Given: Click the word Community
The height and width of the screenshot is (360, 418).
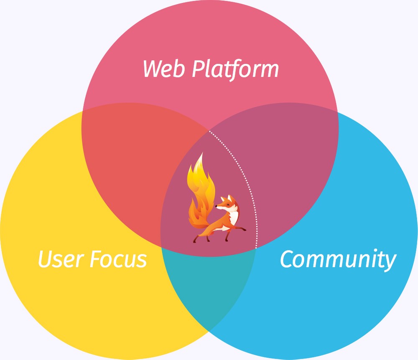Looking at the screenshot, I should [x=337, y=260].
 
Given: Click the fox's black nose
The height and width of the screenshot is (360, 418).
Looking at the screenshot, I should [x=217, y=206].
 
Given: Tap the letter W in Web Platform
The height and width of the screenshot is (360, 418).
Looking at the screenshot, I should [x=152, y=69].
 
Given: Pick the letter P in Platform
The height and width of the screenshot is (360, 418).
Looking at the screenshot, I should [x=198, y=69].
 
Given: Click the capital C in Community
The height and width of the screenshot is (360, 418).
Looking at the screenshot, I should [x=288, y=259].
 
